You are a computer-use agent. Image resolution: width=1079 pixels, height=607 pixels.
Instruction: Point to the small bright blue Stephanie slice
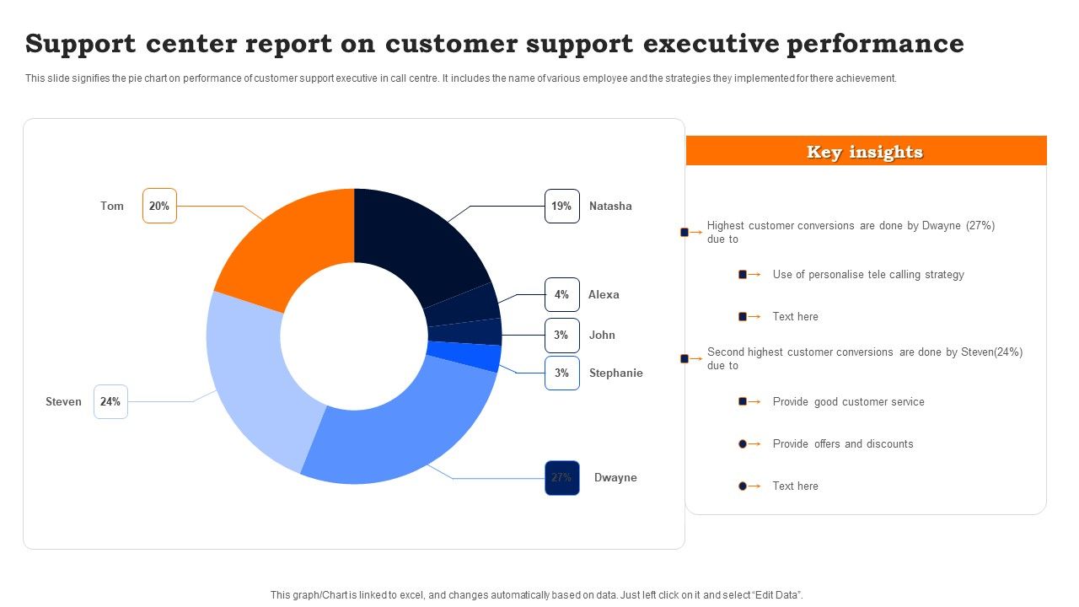(464, 356)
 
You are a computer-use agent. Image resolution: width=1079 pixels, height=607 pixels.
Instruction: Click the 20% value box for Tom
(159, 206)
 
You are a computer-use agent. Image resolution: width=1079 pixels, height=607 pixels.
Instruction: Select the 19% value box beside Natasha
(561, 206)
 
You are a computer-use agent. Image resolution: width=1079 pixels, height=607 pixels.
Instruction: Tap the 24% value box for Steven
(110, 402)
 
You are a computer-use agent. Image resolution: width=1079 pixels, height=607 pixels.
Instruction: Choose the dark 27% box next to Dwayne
(561, 478)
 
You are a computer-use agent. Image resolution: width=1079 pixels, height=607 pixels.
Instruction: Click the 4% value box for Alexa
(561, 295)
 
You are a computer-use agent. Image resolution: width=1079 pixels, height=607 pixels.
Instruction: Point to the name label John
(602, 336)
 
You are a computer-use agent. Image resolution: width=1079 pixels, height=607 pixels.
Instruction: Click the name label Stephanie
(615, 373)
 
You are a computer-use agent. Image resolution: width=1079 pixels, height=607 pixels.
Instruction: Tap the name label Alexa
(604, 295)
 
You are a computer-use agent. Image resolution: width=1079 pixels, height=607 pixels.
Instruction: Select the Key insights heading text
(865, 152)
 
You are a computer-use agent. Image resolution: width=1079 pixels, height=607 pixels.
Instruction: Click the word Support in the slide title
(80, 44)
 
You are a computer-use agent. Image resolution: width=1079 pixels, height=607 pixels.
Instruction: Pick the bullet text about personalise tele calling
(867, 275)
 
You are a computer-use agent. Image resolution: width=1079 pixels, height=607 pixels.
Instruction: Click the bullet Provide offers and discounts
(842, 444)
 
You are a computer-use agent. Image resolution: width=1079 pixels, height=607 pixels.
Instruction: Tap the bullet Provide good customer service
(848, 402)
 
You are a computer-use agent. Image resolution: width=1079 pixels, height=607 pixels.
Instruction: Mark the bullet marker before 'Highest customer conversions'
(685, 232)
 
